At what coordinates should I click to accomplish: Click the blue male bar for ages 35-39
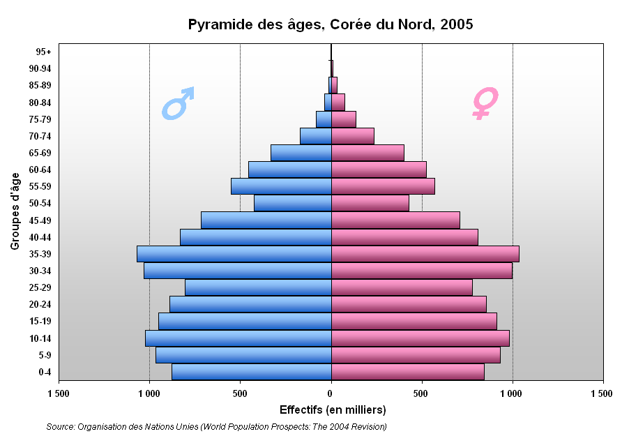(x=234, y=254)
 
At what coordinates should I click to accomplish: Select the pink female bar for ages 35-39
(x=425, y=254)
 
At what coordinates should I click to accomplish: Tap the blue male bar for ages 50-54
(x=292, y=203)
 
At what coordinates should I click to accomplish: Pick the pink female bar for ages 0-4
(x=407, y=372)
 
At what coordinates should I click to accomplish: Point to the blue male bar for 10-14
(x=238, y=338)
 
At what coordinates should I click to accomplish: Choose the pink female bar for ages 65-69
(x=367, y=153)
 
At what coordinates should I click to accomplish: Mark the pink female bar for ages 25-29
(x=402, y=287)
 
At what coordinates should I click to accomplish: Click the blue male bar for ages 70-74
(x=315, y=136)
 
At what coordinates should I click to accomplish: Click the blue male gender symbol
(x=178, y=103)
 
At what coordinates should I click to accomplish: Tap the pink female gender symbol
(x=485, y=102)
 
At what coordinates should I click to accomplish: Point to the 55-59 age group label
(x=40, y=186)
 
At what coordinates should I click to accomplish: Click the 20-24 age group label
(x=40, y=304)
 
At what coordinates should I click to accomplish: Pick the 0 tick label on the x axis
(x=331, y=394)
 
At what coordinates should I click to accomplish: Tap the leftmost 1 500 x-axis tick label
(x=59, y=394)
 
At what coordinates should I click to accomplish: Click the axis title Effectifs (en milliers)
(x=333, y=409)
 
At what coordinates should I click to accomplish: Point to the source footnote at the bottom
(x=216, y=426)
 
